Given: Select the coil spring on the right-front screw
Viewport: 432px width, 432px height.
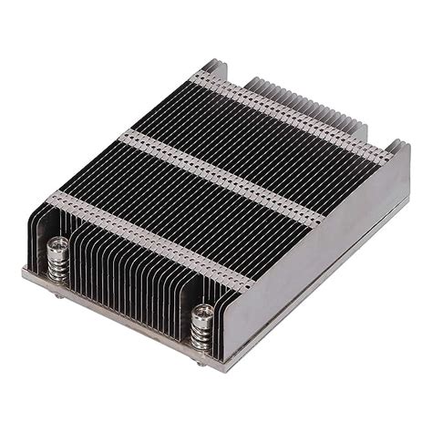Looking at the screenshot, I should (201, 333).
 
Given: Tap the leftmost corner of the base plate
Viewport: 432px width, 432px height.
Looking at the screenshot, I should (26, 271).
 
